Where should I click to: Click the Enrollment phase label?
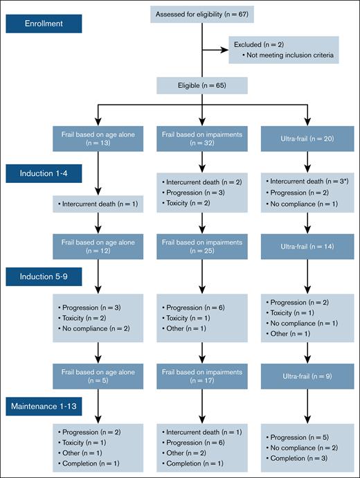point(44,24)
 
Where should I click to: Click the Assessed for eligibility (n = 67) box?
point(201,13)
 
